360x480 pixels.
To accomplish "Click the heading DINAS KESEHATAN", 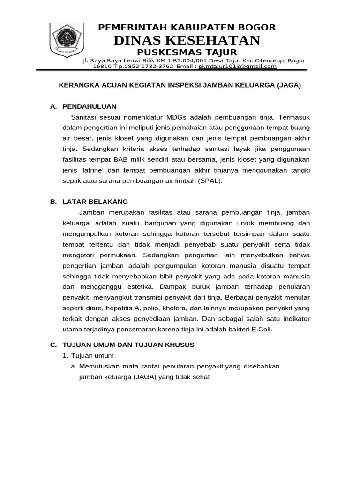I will (x=187, y=40).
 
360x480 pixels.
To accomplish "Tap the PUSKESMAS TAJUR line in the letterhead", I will (x=187, y=52).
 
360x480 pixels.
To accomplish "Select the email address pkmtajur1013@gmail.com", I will (x=238, y=67).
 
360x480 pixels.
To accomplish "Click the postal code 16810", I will (x=101, y=67).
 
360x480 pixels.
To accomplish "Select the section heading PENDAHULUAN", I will (x=89, y=106).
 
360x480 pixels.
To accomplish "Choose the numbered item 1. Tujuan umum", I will (x=91, y=356).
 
